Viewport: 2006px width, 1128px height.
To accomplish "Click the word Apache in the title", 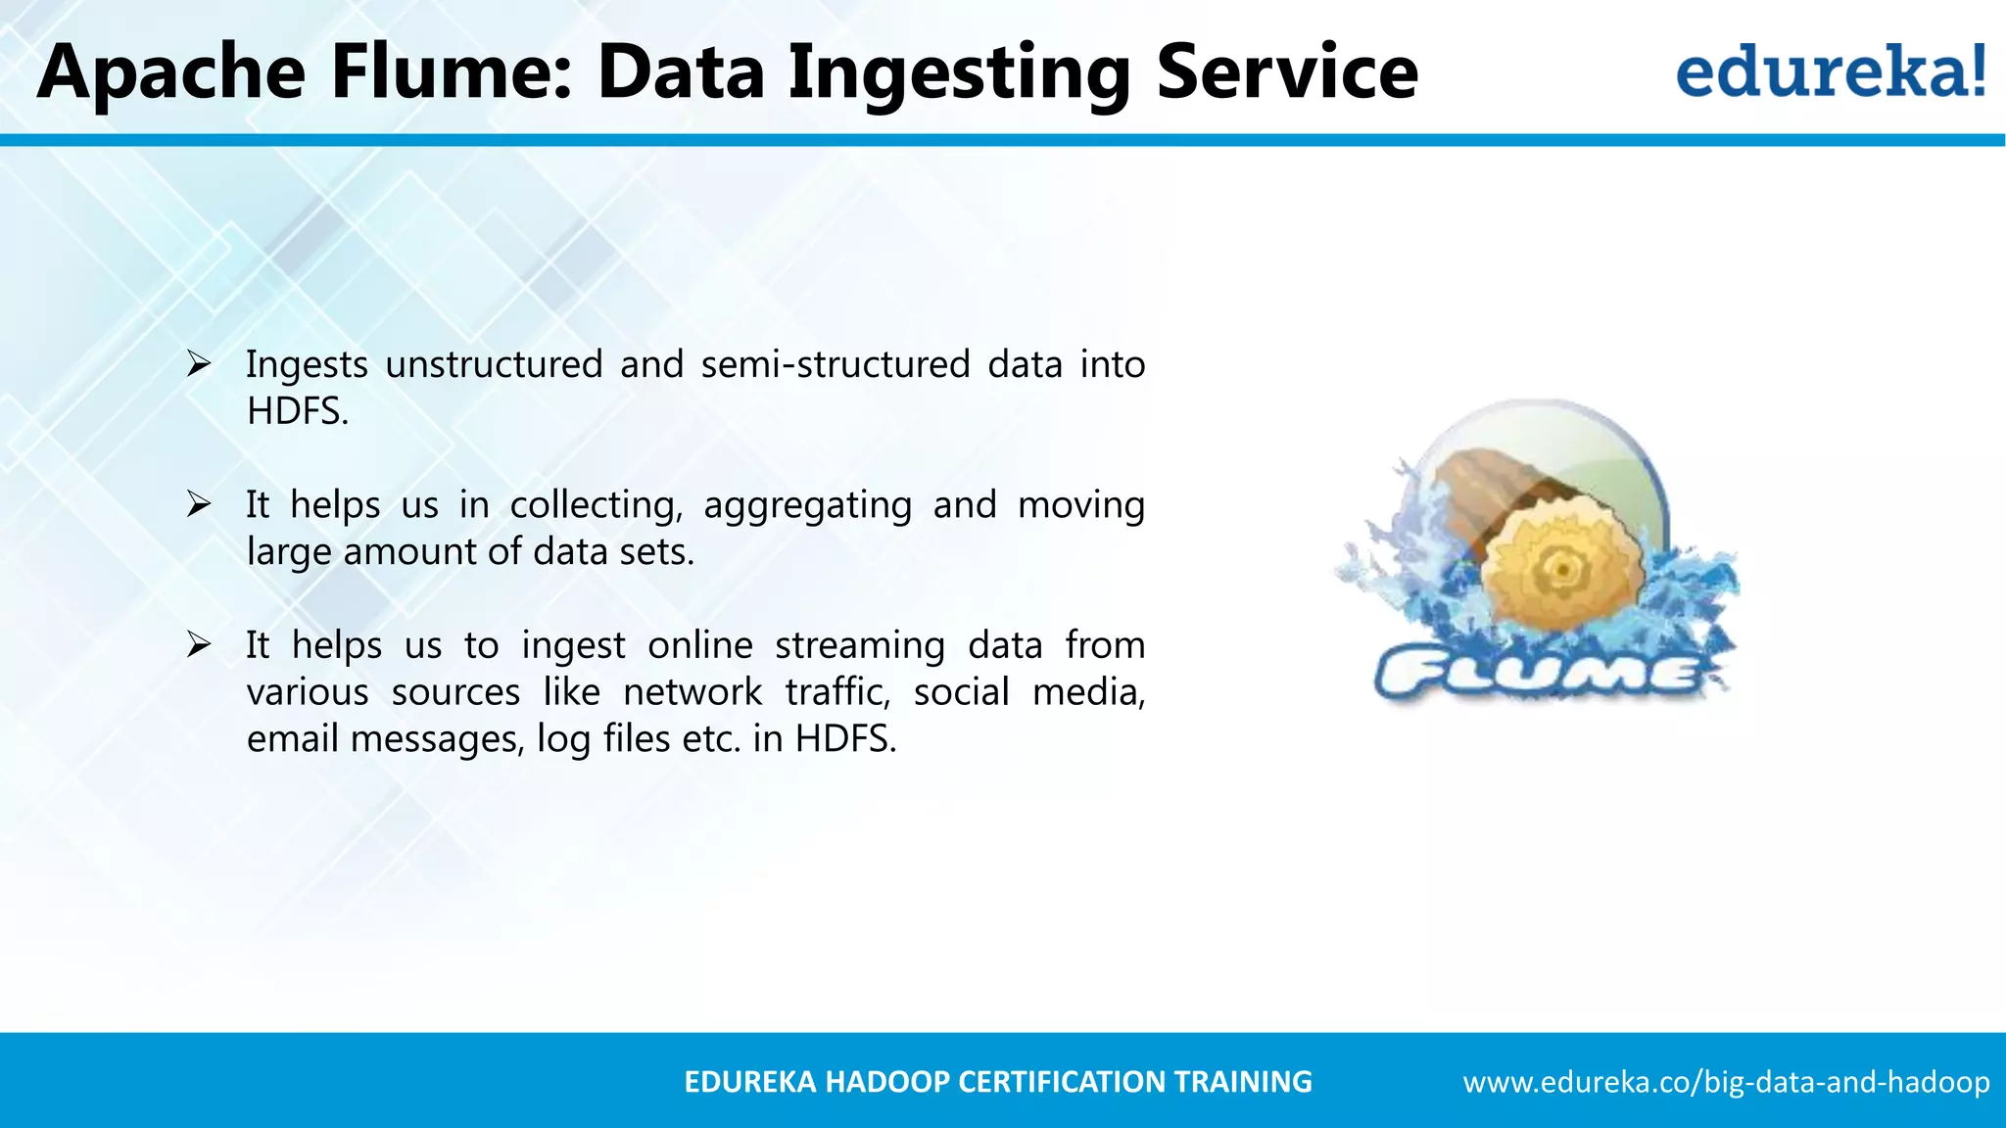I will point(171,72).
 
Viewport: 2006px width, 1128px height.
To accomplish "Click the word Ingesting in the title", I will point(959,72).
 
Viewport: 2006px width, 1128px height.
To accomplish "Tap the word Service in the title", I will point(1286,72).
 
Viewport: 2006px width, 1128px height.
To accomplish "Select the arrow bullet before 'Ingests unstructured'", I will point(199,364).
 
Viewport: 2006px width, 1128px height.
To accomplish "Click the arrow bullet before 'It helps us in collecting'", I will point(199,505).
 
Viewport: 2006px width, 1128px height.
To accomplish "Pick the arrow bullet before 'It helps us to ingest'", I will point(199,645).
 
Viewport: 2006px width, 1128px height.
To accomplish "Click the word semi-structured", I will point(835,364).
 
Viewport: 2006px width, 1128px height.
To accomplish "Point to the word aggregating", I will point(807,505).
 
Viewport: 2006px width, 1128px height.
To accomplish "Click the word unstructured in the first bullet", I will point(494,364).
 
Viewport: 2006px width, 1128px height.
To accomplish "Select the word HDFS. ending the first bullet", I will point(297,411).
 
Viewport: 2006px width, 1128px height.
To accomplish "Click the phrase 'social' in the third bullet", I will point(961,692).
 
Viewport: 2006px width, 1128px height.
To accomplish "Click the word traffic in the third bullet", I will point(837,692).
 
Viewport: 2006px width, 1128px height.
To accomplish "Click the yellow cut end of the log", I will point(1561,568).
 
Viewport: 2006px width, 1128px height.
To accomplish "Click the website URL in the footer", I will point(1726,1082).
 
